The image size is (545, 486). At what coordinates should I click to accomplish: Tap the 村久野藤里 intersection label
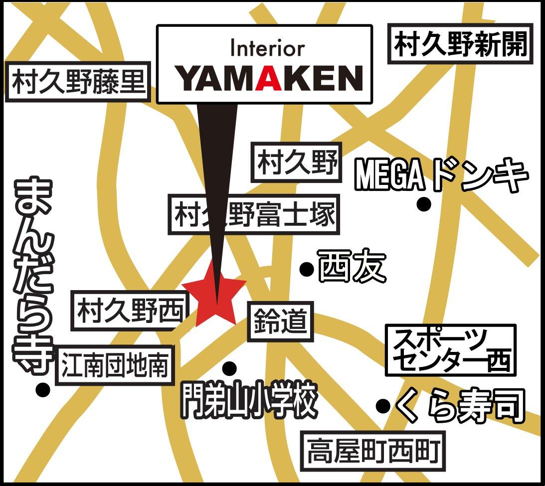[78, 82]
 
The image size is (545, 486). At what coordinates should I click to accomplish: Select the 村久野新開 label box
[460, 43]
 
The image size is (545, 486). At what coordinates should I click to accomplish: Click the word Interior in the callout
[268, 49]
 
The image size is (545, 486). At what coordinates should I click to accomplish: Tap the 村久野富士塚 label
[254, 214]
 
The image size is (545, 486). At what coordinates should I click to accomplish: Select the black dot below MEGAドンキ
[424, 204]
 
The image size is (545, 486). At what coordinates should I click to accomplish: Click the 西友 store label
[352, 267]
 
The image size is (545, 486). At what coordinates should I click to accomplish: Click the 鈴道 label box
[280, 322]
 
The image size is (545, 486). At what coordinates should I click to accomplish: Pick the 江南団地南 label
[115, 365]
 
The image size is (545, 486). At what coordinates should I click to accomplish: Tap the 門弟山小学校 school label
[249, 400]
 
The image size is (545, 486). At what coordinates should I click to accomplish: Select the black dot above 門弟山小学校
[229, 368]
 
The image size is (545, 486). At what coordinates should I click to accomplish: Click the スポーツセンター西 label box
[451, 350]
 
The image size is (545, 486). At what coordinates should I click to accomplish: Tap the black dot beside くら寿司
[383, 405]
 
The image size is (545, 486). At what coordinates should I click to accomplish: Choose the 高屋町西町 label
[373, 451]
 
